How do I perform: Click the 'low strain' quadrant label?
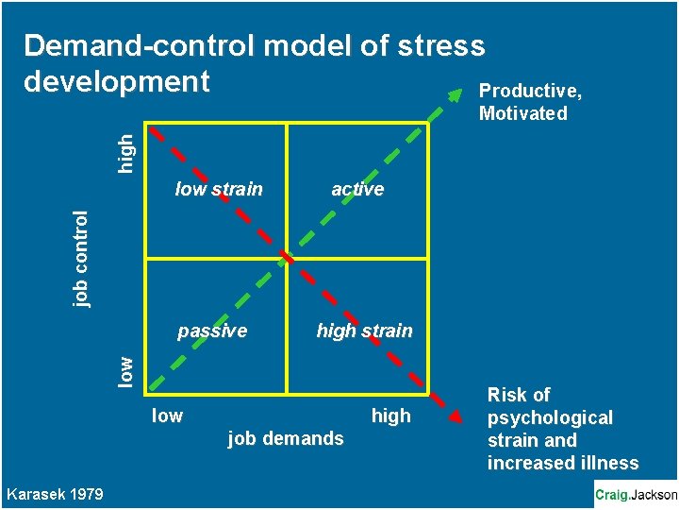point(219,189)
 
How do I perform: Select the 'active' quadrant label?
point(357,189)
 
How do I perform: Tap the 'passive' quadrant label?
point(212,331)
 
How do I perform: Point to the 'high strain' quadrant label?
point(364,331)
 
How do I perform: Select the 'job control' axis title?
point(82,259)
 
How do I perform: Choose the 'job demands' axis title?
point(286,438)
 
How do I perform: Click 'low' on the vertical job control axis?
point(125,368)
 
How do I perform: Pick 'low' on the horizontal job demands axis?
point(167,416)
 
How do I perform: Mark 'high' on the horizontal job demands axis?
point(391,416)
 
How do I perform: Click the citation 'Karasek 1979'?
point(55,494)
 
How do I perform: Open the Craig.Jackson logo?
point(636,494)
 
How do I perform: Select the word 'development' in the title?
point(116,81)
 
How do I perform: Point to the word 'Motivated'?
point(523,114)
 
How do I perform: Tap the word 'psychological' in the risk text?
point(550,417)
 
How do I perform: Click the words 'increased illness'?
point(563,463)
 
